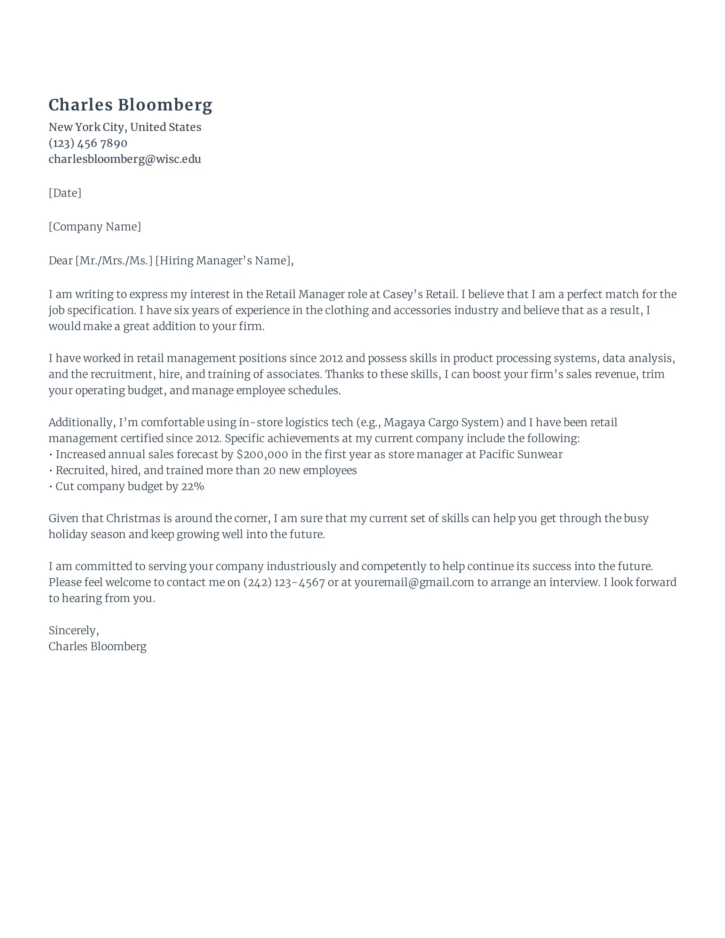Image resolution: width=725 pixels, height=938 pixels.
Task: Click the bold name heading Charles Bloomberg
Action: click(130, 105)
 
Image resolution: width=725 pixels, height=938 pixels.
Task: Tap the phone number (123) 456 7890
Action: click(88, 143)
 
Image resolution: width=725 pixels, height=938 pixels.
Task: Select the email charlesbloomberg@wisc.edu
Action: click(125, 159)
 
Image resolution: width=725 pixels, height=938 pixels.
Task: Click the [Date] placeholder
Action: click(65, 193)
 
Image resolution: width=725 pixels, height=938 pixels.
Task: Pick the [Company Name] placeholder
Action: click(95, 227)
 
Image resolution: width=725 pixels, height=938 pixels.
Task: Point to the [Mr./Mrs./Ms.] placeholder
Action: click(114, 261)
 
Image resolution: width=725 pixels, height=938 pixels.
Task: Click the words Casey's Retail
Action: click(419, 294)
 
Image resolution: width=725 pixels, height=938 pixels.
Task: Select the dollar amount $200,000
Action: click(262, 455)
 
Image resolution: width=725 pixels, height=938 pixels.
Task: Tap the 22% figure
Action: click(192, 486)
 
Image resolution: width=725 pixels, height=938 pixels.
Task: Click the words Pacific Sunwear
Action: click(520, 455)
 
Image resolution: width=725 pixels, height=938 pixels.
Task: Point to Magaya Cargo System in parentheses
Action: click(443, 423)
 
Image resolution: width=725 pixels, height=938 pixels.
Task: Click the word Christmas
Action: click(133, 518)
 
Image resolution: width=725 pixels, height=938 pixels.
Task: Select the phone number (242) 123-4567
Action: click(284, 582)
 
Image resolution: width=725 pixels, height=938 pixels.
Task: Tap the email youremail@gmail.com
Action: click(414, 582)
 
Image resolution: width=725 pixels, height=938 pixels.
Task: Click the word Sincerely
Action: click(72, 631)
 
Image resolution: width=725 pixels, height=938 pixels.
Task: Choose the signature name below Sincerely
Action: click(98, 646)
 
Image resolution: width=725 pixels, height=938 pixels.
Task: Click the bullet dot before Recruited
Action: click(51, 471)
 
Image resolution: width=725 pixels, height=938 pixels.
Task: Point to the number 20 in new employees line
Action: click(269, 471)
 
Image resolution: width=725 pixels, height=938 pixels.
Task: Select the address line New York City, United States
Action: click(125, 127)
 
